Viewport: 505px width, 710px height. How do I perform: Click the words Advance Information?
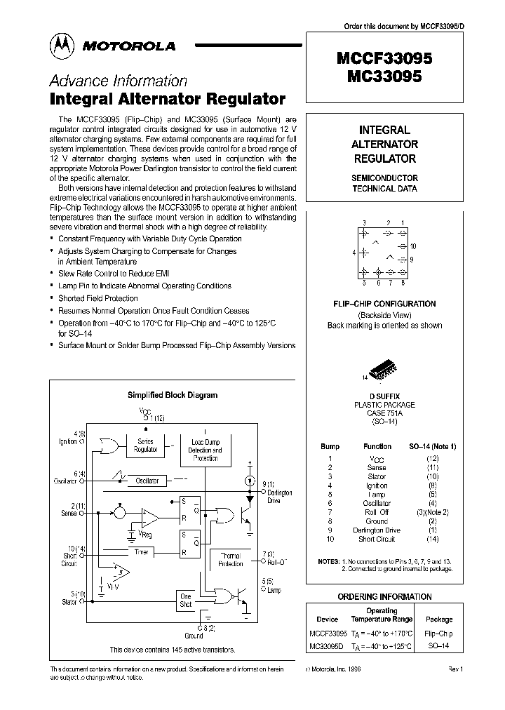118,81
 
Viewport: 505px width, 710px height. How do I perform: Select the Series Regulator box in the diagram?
145,446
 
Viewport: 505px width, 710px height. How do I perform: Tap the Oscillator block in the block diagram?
147,481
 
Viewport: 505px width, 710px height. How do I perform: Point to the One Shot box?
186,600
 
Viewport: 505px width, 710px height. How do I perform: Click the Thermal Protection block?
231,558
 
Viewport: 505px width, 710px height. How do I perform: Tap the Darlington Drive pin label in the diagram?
280,497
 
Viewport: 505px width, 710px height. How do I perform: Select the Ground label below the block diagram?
194,636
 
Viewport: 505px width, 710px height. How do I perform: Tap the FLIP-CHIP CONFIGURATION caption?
384,304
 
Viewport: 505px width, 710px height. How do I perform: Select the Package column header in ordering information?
440,619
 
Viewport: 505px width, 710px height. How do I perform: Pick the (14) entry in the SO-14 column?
433,539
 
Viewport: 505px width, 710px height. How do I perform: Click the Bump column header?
330,446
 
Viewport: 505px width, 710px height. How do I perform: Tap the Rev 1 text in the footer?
457,669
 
